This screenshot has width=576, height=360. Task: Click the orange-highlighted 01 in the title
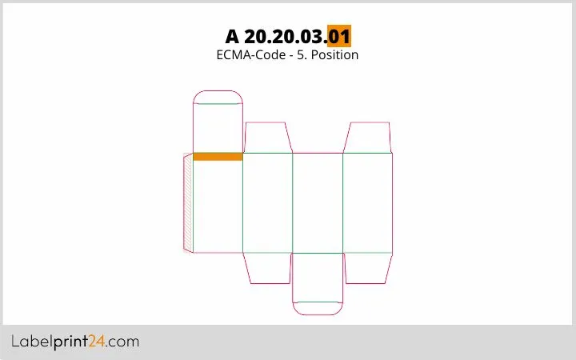pyautogui.click(x=339, y=36)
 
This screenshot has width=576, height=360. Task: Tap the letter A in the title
pyautogui.click(x=232, y=36)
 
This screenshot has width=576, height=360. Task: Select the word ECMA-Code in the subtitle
pyautogui.click(x=251, y=54)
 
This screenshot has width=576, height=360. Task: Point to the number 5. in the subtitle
pyautogui.click(x=302, y=54)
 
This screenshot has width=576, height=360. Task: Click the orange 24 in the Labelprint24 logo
pyautogui.click(x=97, y=342)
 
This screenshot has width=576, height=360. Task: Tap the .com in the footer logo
pyautogui.click(x=122, y=342)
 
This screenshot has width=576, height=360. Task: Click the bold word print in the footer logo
pyautogui.click(x=71, y=342)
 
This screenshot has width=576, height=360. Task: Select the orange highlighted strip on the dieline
pyautogui.click(x=218, y=157)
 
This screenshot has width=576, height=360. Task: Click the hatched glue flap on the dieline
pyautogui.click(x=188, y=202)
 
